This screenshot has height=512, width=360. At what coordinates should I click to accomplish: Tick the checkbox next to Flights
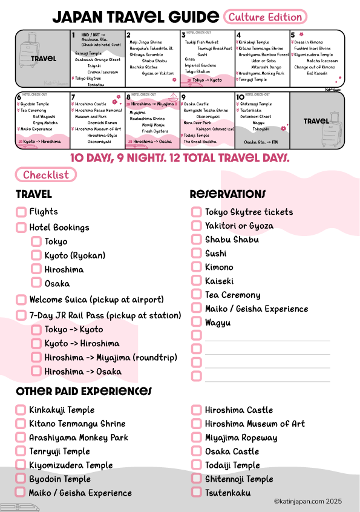coord(21,212)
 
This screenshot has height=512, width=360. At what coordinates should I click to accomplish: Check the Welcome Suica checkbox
coord(21,300)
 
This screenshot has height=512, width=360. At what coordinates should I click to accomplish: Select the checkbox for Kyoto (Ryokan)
coord(36,255)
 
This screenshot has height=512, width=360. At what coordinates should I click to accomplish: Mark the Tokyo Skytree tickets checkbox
coord(196,212)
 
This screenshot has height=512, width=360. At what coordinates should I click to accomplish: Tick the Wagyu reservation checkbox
coord(196,323)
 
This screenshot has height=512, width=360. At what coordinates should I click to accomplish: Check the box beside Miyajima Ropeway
coord(196,438)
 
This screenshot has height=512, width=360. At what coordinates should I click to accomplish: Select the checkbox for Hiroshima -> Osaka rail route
coord(36,372)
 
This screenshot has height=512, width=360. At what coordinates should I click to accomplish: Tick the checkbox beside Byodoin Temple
coord(21,479)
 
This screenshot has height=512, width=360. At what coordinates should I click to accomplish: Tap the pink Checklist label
coord(46,176)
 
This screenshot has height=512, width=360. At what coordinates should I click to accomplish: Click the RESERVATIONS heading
coord(227,194)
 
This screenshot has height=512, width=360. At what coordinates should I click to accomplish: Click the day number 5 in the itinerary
coord(293,35)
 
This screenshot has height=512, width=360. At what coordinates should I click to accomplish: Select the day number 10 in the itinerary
coord(240,97)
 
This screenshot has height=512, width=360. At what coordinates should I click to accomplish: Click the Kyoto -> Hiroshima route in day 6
coord(42,141)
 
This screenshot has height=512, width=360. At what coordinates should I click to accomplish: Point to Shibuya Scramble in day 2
coord(146,54)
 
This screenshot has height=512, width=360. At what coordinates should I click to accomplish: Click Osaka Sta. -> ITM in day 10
coord(260,142)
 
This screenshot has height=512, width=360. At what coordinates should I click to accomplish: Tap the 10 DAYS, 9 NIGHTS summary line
coord(180,158)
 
